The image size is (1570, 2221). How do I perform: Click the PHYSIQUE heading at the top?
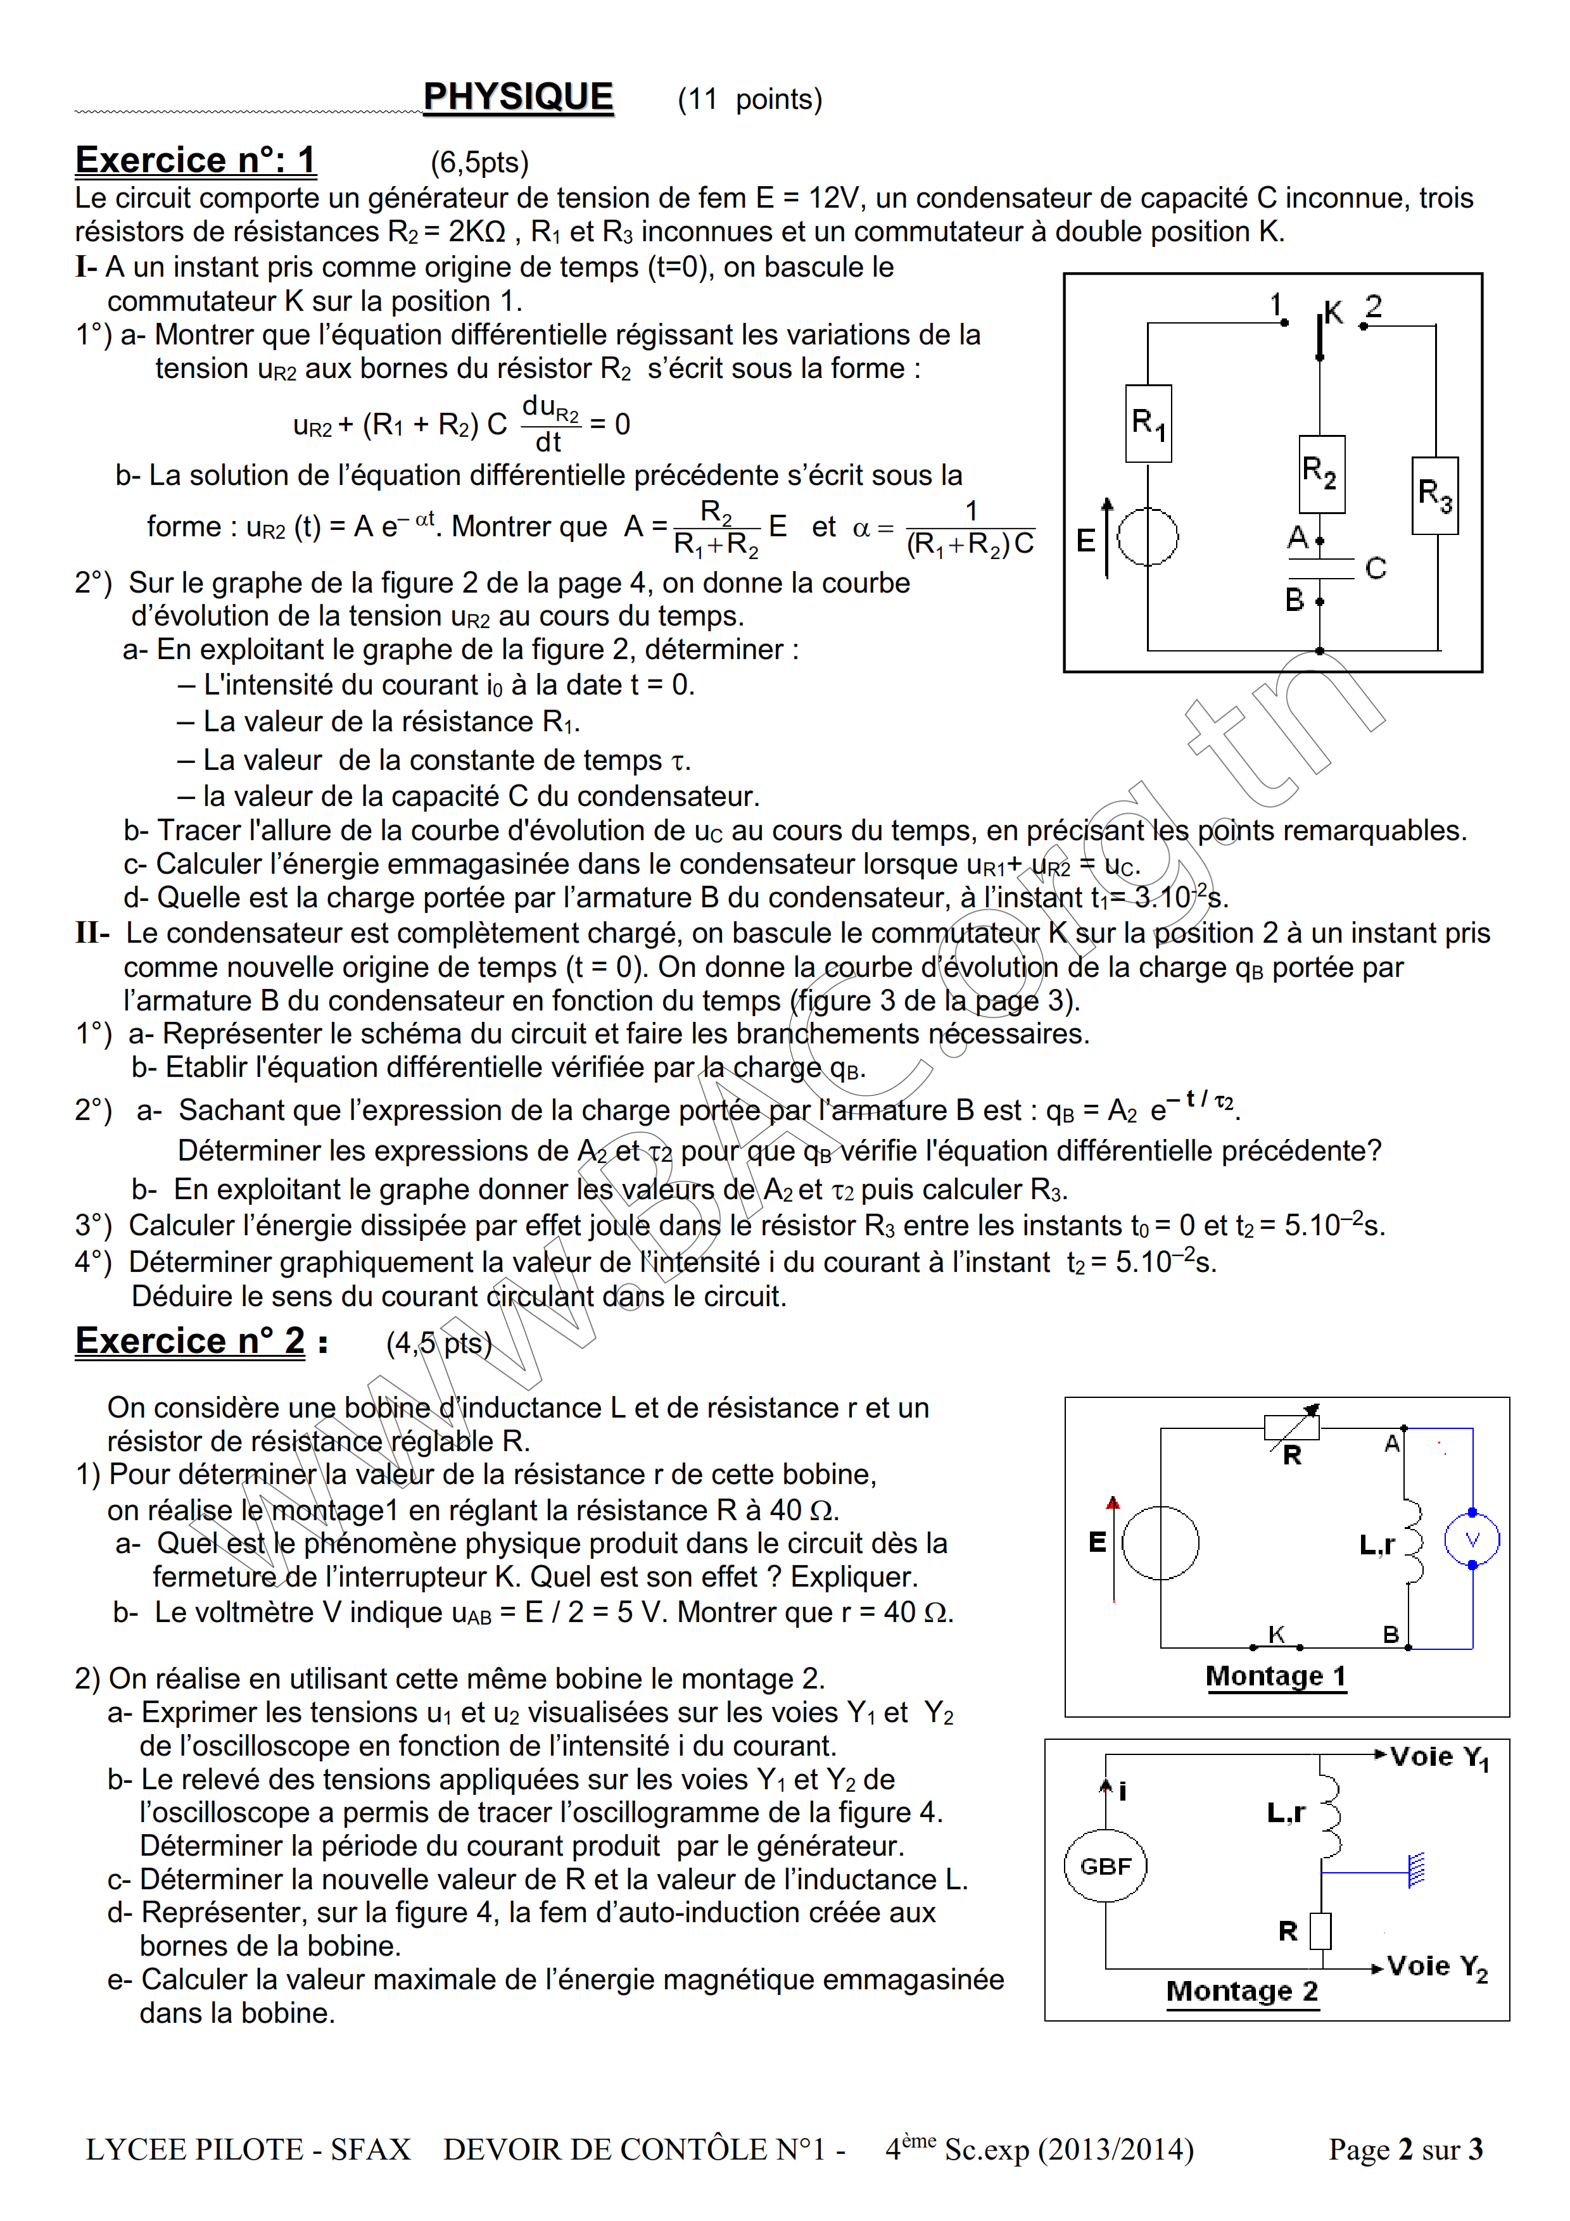point(519,98)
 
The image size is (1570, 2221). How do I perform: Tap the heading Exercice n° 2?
point(191,1342)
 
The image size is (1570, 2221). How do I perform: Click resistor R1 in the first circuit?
point(1148,424)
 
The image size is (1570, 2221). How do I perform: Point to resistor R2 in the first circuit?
point(1320,474)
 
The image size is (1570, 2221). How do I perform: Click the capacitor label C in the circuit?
point(1376,568)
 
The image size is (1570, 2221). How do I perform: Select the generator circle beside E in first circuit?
point(1148,537)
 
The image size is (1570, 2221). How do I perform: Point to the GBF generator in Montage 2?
point(1106,1866)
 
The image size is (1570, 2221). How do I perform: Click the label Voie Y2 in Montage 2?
point(1436,1966)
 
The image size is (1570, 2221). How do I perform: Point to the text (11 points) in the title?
point(750,99)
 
